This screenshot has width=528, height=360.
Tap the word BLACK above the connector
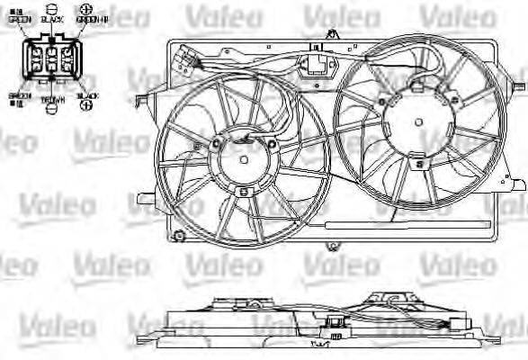(51, 19)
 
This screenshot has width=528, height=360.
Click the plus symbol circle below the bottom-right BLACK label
(86, 105)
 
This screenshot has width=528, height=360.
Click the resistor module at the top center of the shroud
(318, 65)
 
